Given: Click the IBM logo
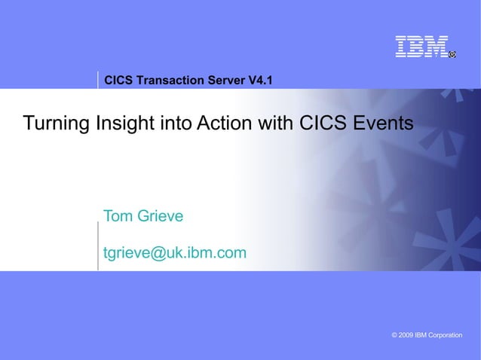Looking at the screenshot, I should [421, 47].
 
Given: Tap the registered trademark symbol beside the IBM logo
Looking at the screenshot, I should [452, 54].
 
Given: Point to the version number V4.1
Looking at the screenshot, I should [261, 80].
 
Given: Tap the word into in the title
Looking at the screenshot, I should [176, 123].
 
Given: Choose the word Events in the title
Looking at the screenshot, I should [387, 123].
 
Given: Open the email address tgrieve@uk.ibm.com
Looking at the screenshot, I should [174, 253].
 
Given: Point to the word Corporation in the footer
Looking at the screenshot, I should [444, 334].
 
